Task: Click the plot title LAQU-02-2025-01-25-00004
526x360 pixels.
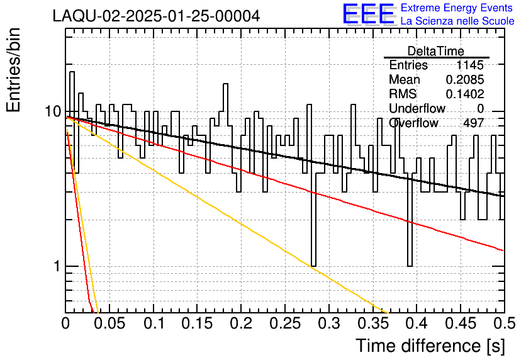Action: click(156, 16)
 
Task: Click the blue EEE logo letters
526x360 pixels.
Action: click(369, 14)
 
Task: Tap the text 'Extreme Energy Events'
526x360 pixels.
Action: click(457, 8)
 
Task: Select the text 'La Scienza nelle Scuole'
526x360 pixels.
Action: click(457, 21)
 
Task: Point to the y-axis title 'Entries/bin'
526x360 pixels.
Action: click(14, 70)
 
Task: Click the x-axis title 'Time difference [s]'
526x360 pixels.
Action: click(430, 346)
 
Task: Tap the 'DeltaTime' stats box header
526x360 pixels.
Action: click(436, 51)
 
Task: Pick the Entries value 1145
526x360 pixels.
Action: click(469, 65)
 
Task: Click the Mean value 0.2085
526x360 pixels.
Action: click(464, 79)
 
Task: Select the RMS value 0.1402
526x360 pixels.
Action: click(464, 94)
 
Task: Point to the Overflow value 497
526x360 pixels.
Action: click(473, 123)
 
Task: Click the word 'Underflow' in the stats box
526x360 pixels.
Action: click(417, 108)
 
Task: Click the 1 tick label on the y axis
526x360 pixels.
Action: click(57, 266)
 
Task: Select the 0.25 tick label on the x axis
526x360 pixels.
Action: click(285, 323)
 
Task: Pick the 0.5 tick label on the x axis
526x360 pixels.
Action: click(505, 323)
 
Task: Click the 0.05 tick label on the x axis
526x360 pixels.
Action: click(109, 323)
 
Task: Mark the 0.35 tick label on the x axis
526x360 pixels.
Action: click(373, 323)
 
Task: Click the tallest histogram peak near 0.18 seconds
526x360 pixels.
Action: click(225, 84)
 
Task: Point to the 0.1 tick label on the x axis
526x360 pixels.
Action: click(154, 323)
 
